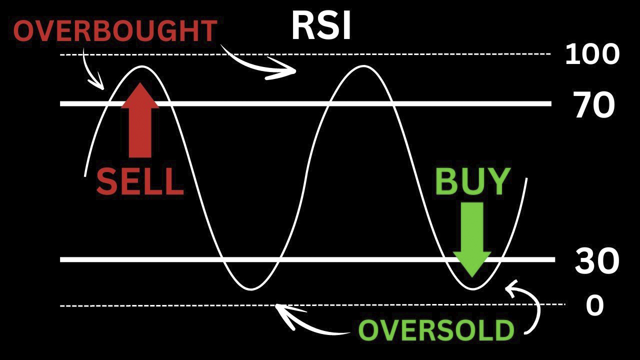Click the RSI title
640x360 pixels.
click(321, 25)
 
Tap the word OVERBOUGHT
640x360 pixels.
click(115, 31)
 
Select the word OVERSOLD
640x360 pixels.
click(436, 330)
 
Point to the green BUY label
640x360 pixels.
click(472, 181)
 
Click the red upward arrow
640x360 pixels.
click(140, 120)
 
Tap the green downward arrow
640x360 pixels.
click(472, 239)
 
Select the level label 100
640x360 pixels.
click(592, 54)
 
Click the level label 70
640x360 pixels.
click(594, 105)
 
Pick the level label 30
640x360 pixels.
click(597, 261)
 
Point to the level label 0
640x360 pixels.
click(595, 305)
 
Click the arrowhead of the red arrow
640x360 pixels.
click(140, 95)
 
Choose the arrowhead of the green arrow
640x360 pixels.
click(472, 264)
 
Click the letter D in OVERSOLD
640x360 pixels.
click(504, 330)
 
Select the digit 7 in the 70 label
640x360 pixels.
click(583, 105)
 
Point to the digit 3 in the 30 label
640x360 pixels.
click(585, 261)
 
